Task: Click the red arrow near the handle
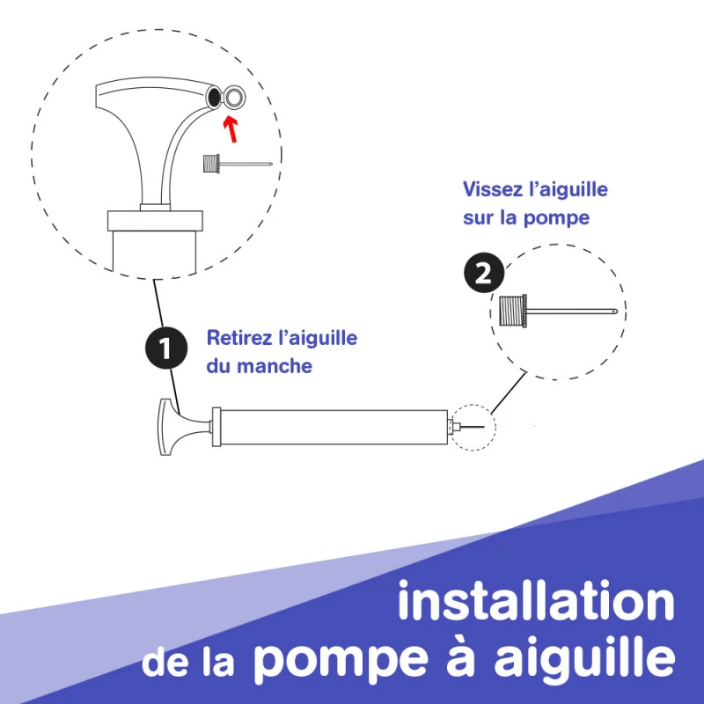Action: pyautogui.click(x=231, y=128)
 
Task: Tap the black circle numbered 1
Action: pyautogui.click(x=166, y=348)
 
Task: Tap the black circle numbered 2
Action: pyautogui.click(x=485, y=273)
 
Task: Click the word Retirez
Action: pyautogui.click(x=238, y=338)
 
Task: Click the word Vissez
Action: pyautogui.click(x=493, y=189)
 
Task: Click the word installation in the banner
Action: pyautogui.click(x=536, y=601)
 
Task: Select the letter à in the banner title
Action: pyautogui.click(x=459, y=657)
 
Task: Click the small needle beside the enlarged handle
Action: pyautogui.click(x=238, y=164)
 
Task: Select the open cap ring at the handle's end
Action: pyautogui.click(x=234, y=97)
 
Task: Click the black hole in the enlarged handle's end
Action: pyautogui.click(x=214, y=96)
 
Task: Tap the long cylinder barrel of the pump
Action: pyautogui.click(x=334, y=427)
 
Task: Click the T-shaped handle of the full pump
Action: pyautogui.click(x=178, y=427)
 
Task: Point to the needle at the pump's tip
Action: pyautogui.click(x=471, y=427)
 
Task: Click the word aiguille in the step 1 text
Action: pyautogui.click(x=318, y=339)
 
